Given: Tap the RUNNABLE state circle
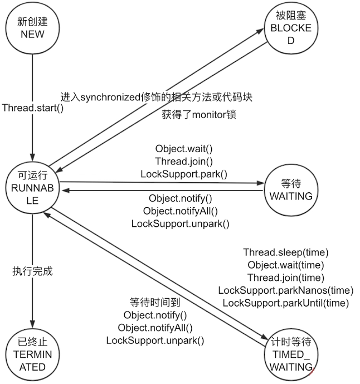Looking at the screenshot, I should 32,186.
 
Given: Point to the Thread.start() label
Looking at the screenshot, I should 33,107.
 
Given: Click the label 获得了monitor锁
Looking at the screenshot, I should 198,115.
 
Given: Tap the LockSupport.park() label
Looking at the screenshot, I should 183,173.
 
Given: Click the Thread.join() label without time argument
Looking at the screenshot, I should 183,161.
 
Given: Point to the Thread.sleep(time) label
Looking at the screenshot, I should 286,252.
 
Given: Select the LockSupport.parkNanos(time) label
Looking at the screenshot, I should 286,290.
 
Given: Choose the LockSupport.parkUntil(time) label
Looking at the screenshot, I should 286,303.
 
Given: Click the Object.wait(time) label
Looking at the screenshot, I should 286,265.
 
